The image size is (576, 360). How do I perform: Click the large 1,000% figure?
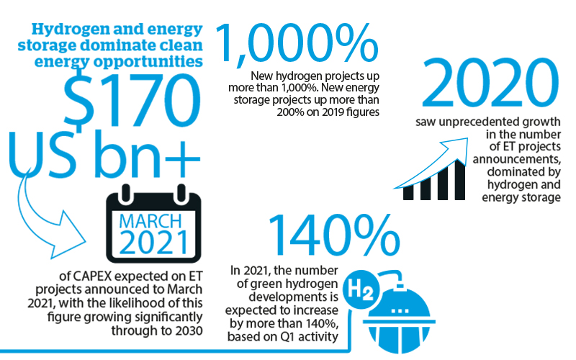click(x=297, y=43)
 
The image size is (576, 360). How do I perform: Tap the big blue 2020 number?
click(x=490, y=83)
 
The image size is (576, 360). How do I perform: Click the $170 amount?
click(x=132, y=100)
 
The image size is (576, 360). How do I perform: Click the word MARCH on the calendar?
click(x=150, y=221)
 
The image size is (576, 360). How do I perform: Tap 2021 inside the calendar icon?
click(x=153, y=242)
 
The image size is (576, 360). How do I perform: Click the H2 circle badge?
click(x=361, y=289)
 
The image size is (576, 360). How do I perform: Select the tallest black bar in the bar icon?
click(x=460, y=180)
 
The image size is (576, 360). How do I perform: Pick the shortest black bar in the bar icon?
click(x=408, y=193)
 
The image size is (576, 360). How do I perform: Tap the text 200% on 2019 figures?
click(x=328, y=112)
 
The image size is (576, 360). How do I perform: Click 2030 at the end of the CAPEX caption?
click(x=189, y=330)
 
